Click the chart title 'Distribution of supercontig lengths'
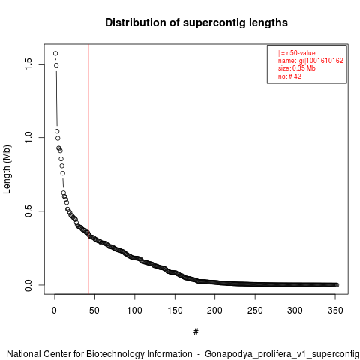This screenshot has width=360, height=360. pyautogui.click(x=196, y=22)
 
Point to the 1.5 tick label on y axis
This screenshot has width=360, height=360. pyautogui.click(x=28, y=64)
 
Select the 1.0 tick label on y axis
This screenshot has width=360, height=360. pyautogui.click(x=28, y=137)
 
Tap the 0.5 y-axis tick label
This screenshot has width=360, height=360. pyautogui.click(x=28, y=211)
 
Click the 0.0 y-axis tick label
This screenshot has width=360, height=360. pyautogui.click(x=28, y=285)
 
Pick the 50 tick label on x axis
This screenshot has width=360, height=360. pyautogui.click(x=94, y=310)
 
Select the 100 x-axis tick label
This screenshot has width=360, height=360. pyautogui.click(x=134, y=310)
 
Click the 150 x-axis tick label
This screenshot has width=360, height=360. pyautogui.click(x=175, y=310)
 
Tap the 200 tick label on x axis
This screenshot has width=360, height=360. pyautogui.click(x=214, y=310)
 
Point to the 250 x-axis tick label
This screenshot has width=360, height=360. pyautogui.click(x=255, y=310)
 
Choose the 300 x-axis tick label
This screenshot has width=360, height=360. pyautogui.click(x=295, y=310)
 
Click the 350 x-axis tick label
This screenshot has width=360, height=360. pyautogui.click(x=335, y=310)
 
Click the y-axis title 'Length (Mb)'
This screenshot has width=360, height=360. pyautogui.click(x=7, y=169)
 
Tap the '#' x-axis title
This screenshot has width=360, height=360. pyautogui.click(x=196, y=332)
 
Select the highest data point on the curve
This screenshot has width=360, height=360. pyautogui.click(x=55, y=53)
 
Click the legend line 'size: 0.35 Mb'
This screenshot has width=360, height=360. pyautogui.click(x=297, y=68)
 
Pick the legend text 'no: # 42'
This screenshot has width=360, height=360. pyautogui.click(x=289, y=76)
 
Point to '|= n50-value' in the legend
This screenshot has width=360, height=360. pyautogui.click(x=296, y=53)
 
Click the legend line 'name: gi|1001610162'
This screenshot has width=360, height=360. pyautogui.click(x=310, y=61)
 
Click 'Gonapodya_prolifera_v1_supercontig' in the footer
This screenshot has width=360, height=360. pyautogui.click(x=282, y=354)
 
